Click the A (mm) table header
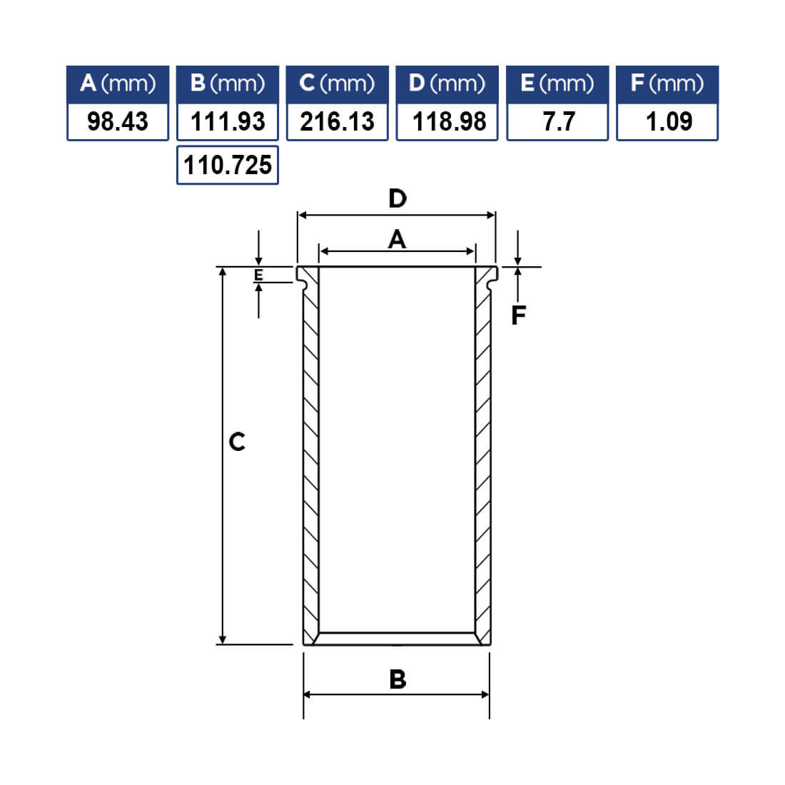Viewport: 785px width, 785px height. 118,83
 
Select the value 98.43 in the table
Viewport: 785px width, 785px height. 118,121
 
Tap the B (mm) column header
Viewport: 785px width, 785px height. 228,83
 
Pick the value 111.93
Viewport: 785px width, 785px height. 228,121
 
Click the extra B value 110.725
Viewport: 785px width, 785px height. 228,166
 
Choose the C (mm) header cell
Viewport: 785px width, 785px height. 338,83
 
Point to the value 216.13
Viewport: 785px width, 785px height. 338,121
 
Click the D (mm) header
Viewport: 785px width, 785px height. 447,83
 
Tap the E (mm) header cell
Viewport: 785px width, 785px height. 558,83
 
